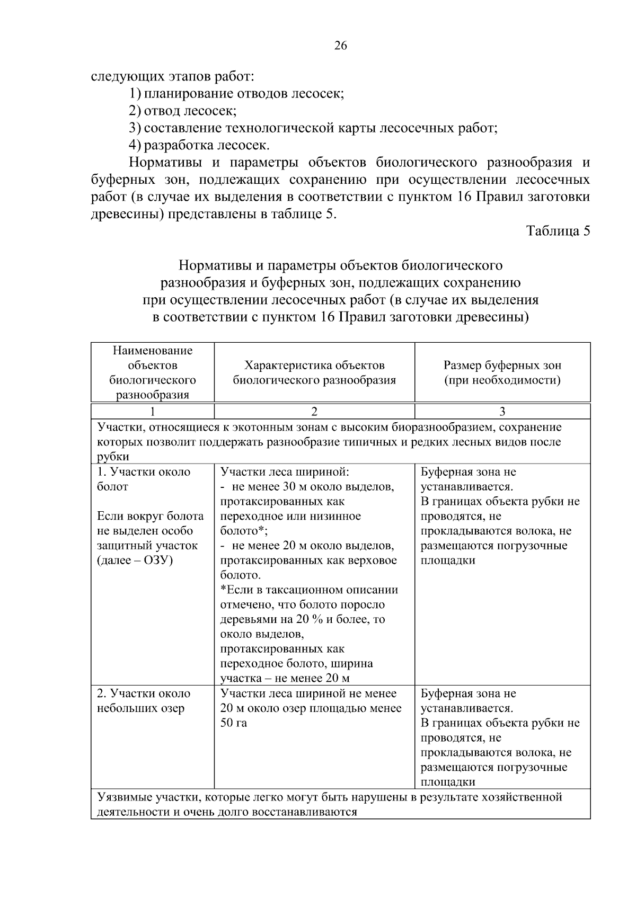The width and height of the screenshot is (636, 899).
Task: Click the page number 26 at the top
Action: click(341, 46)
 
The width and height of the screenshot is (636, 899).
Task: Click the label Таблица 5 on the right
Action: click(558, 231)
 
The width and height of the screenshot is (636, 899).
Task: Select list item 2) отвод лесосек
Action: click(182, 111)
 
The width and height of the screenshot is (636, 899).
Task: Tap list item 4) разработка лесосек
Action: click(199, 145)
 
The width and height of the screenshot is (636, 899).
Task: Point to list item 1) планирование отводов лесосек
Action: click(236, 94)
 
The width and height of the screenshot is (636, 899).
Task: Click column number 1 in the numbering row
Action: click(153, 412)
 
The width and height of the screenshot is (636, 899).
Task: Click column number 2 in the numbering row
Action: click(314, 412)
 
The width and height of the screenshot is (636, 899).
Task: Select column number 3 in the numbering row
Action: click(502, 412)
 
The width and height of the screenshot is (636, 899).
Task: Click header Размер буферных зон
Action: click(502, 366)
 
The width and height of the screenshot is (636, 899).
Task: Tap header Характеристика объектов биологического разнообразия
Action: click(314, 372)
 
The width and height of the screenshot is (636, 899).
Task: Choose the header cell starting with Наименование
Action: click(153, 372)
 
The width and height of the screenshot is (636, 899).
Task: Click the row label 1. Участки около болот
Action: click(144, 479)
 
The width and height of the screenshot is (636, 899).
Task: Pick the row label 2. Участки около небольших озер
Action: click(144, 701)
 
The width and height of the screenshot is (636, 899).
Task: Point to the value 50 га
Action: click(233, 723)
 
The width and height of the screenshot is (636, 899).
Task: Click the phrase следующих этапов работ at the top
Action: click(173, 77)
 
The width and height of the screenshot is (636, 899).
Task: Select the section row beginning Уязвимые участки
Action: click(329, 804)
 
